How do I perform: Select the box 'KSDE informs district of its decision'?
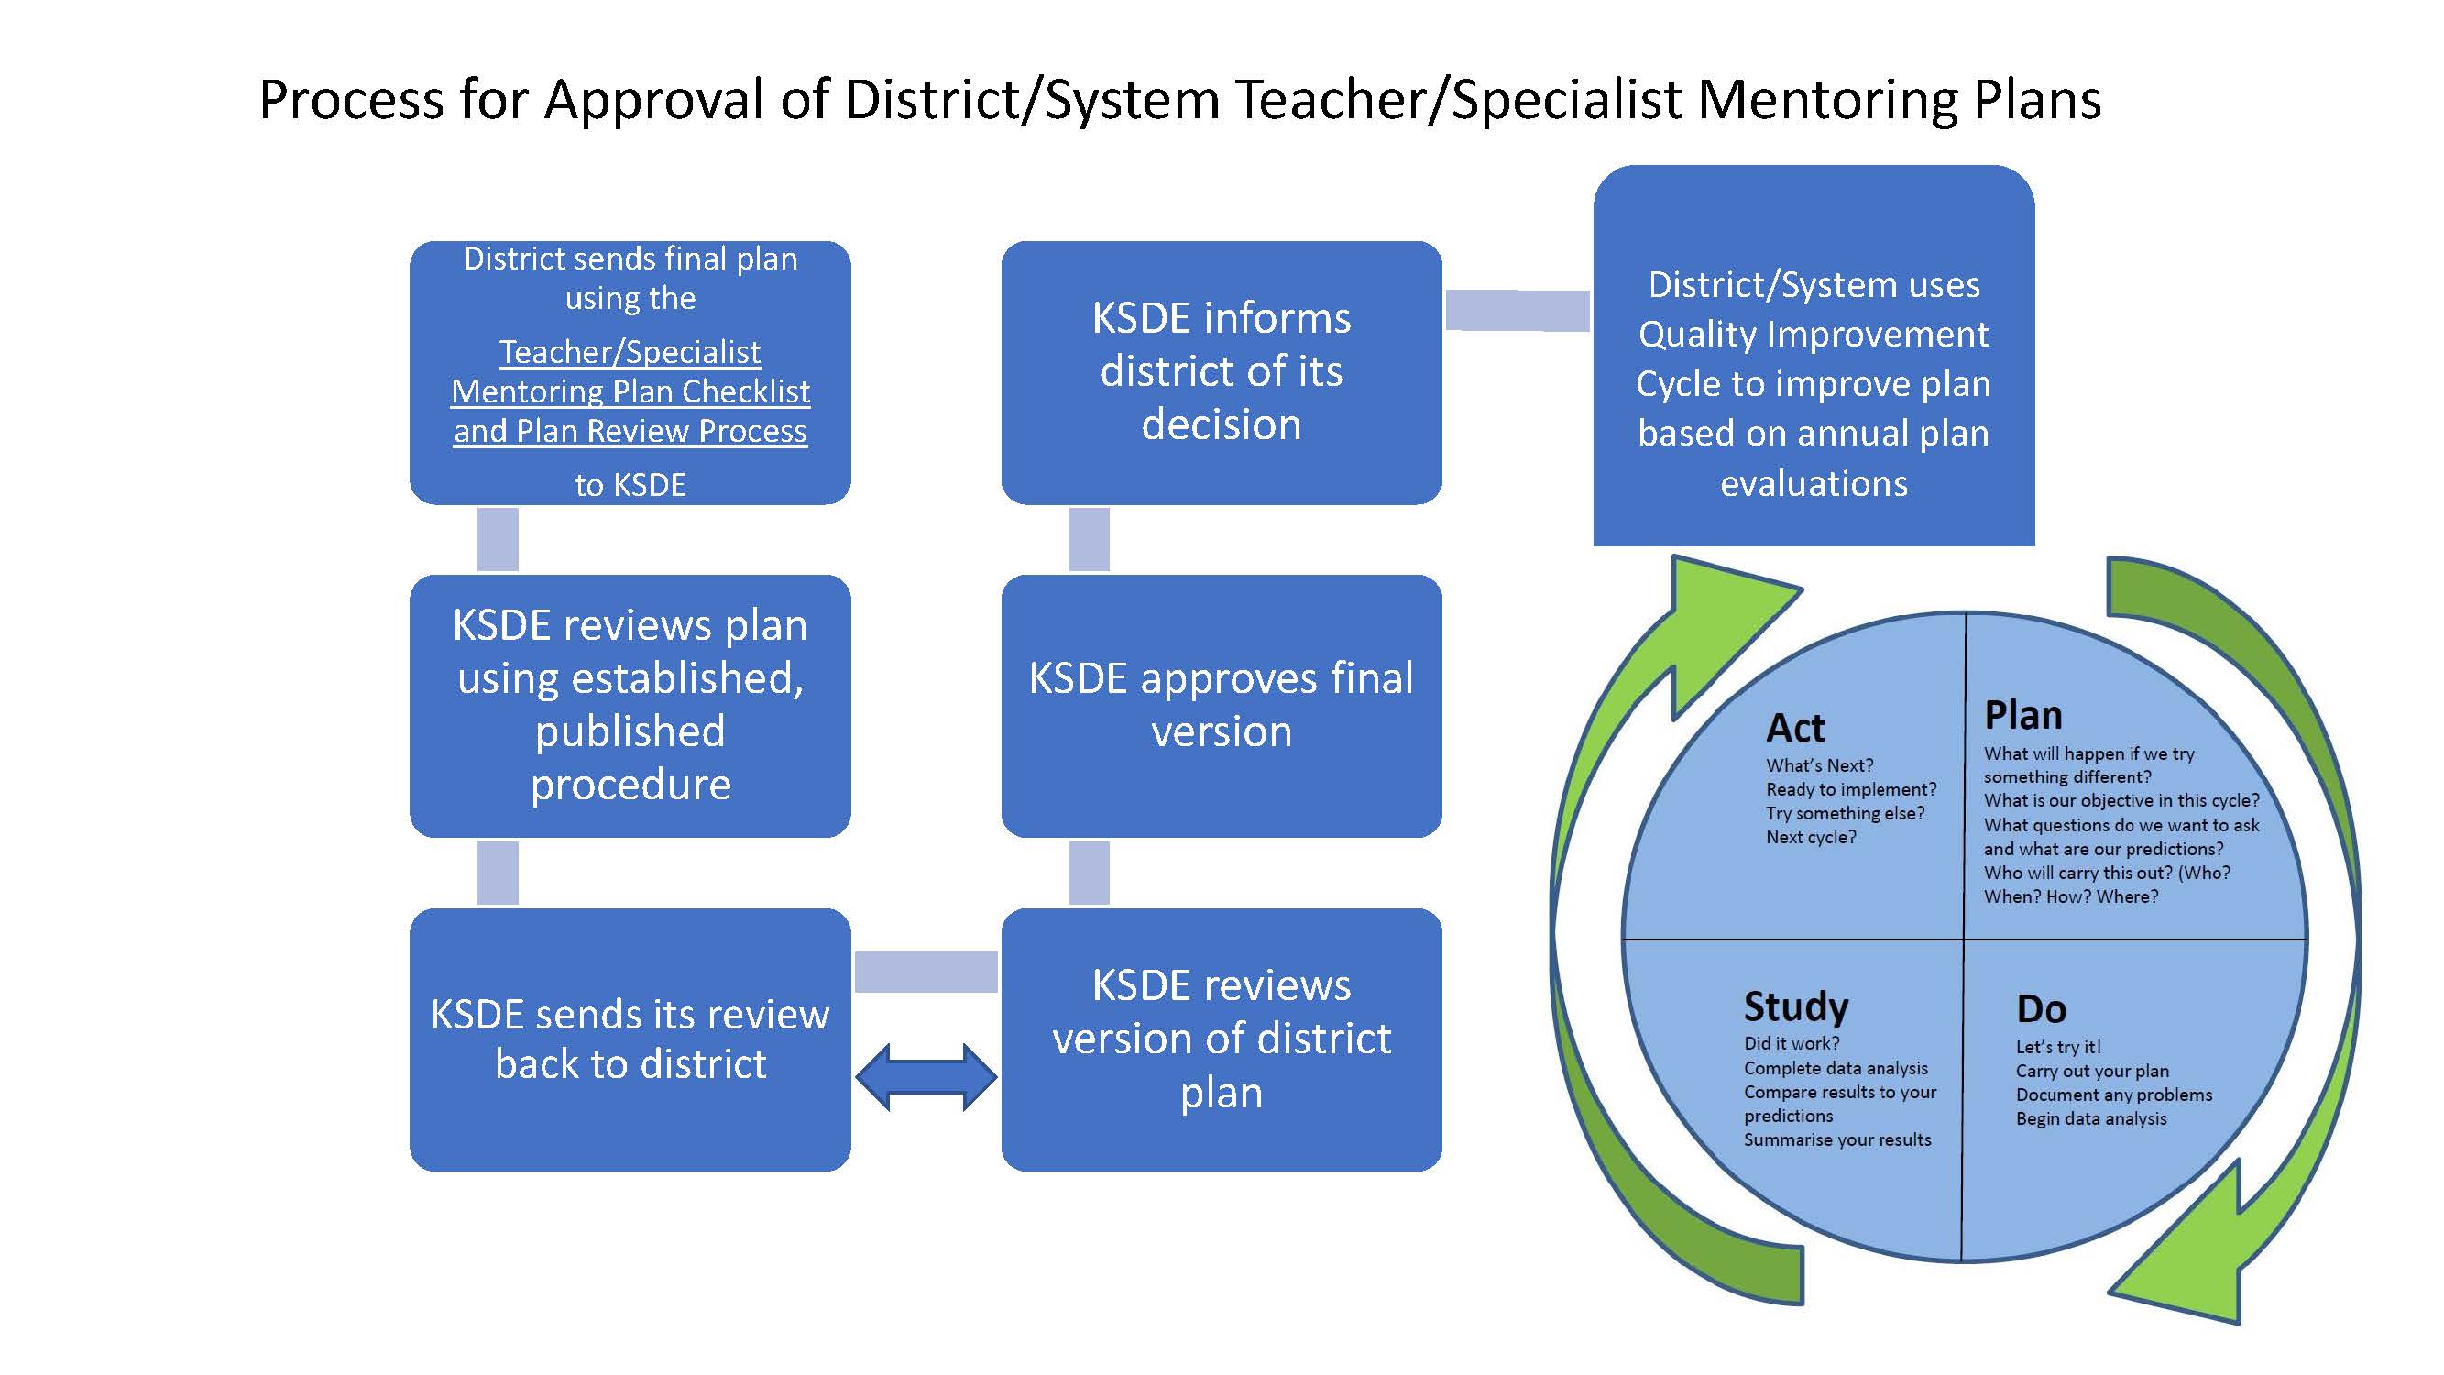1221,372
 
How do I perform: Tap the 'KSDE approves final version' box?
1221,705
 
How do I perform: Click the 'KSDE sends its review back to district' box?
630,1039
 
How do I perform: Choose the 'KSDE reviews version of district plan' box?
1221,1039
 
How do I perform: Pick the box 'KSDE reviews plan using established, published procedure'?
630,705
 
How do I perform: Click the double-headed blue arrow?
926,1077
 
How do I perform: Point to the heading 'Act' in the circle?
1795,728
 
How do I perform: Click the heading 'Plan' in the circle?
2022,715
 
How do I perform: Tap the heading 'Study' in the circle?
1796,1006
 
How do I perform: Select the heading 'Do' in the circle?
2041,1008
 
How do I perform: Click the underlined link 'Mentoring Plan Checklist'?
630,391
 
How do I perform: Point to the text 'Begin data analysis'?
2091,1118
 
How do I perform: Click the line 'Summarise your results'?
1836,1139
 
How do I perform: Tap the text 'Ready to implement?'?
1851,789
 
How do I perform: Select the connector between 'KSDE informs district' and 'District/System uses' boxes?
1517,311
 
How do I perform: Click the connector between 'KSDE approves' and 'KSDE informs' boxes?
1090,539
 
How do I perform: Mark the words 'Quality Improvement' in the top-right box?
1814,334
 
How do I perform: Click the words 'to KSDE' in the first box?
630,485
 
